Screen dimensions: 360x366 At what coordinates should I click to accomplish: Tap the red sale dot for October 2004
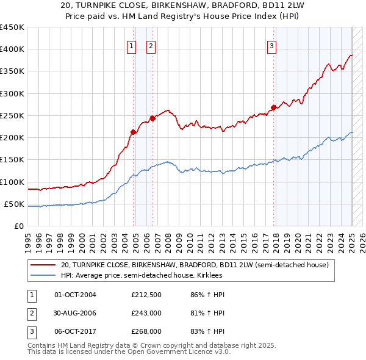133,131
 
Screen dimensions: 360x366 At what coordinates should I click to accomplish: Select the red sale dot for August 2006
152,118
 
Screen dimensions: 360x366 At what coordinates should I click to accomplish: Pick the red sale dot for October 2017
273,107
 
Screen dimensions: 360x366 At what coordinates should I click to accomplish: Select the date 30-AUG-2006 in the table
75,313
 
